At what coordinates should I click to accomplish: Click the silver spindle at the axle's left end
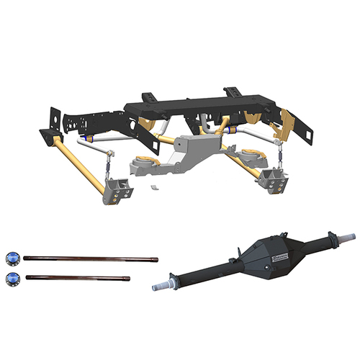[x=161, y=286]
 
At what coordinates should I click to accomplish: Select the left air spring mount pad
[x=143, y=163]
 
